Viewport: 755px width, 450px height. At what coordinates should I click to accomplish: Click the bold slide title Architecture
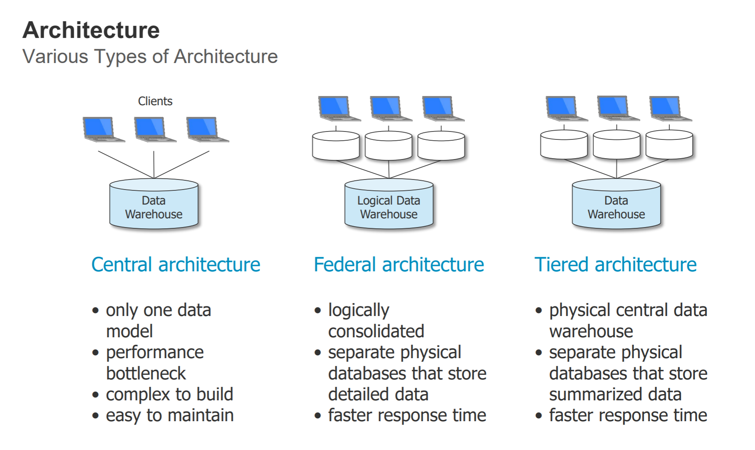point(91,30)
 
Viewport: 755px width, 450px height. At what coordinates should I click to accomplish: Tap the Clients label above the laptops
point(155,101)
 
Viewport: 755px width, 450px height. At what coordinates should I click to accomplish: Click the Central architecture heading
point(176,265)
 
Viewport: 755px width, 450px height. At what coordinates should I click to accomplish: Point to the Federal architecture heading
point(399,265)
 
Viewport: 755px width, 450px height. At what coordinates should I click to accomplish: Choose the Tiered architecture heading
point(616,265)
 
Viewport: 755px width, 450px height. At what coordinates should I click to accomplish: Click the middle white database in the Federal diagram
point(389,146)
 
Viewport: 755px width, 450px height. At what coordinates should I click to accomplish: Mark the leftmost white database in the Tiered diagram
point(564,145)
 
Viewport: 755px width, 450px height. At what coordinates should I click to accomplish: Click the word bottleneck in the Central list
point(146,373)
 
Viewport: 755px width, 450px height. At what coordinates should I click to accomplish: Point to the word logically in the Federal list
point(359,311)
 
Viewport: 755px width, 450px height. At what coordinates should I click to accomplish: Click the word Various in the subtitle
point(56,57)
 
